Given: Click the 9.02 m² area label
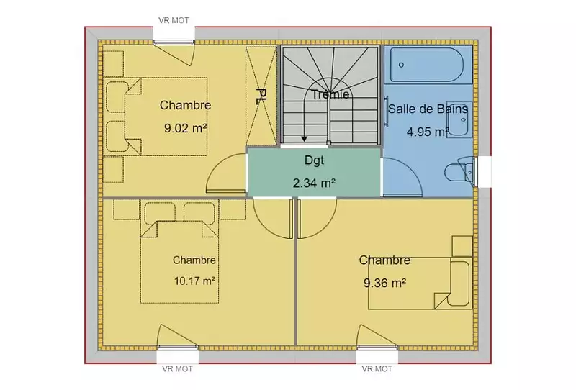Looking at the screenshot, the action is point(186,128).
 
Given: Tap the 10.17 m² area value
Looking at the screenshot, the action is point(194,281).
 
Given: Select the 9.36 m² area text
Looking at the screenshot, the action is point(385,283).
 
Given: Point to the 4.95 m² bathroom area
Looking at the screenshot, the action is point(428,132).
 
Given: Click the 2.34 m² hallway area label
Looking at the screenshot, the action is point(314,183).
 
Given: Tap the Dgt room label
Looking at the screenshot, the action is point(315,160).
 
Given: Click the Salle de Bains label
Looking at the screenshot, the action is point(428,109).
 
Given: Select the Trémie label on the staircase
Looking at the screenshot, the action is point(330,94).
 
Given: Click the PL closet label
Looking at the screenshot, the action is point(261,96).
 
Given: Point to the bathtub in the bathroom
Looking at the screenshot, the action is point(428,65).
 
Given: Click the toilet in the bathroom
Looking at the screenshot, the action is point(459,171).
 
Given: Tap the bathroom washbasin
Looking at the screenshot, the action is point(459,119).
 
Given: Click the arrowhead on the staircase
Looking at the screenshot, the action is point(304,139).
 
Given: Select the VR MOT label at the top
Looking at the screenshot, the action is point(174,21).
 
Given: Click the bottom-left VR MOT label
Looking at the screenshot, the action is point(177,368).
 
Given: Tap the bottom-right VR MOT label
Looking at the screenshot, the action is point(377,368).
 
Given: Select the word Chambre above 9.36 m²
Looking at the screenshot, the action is point(384,260).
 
